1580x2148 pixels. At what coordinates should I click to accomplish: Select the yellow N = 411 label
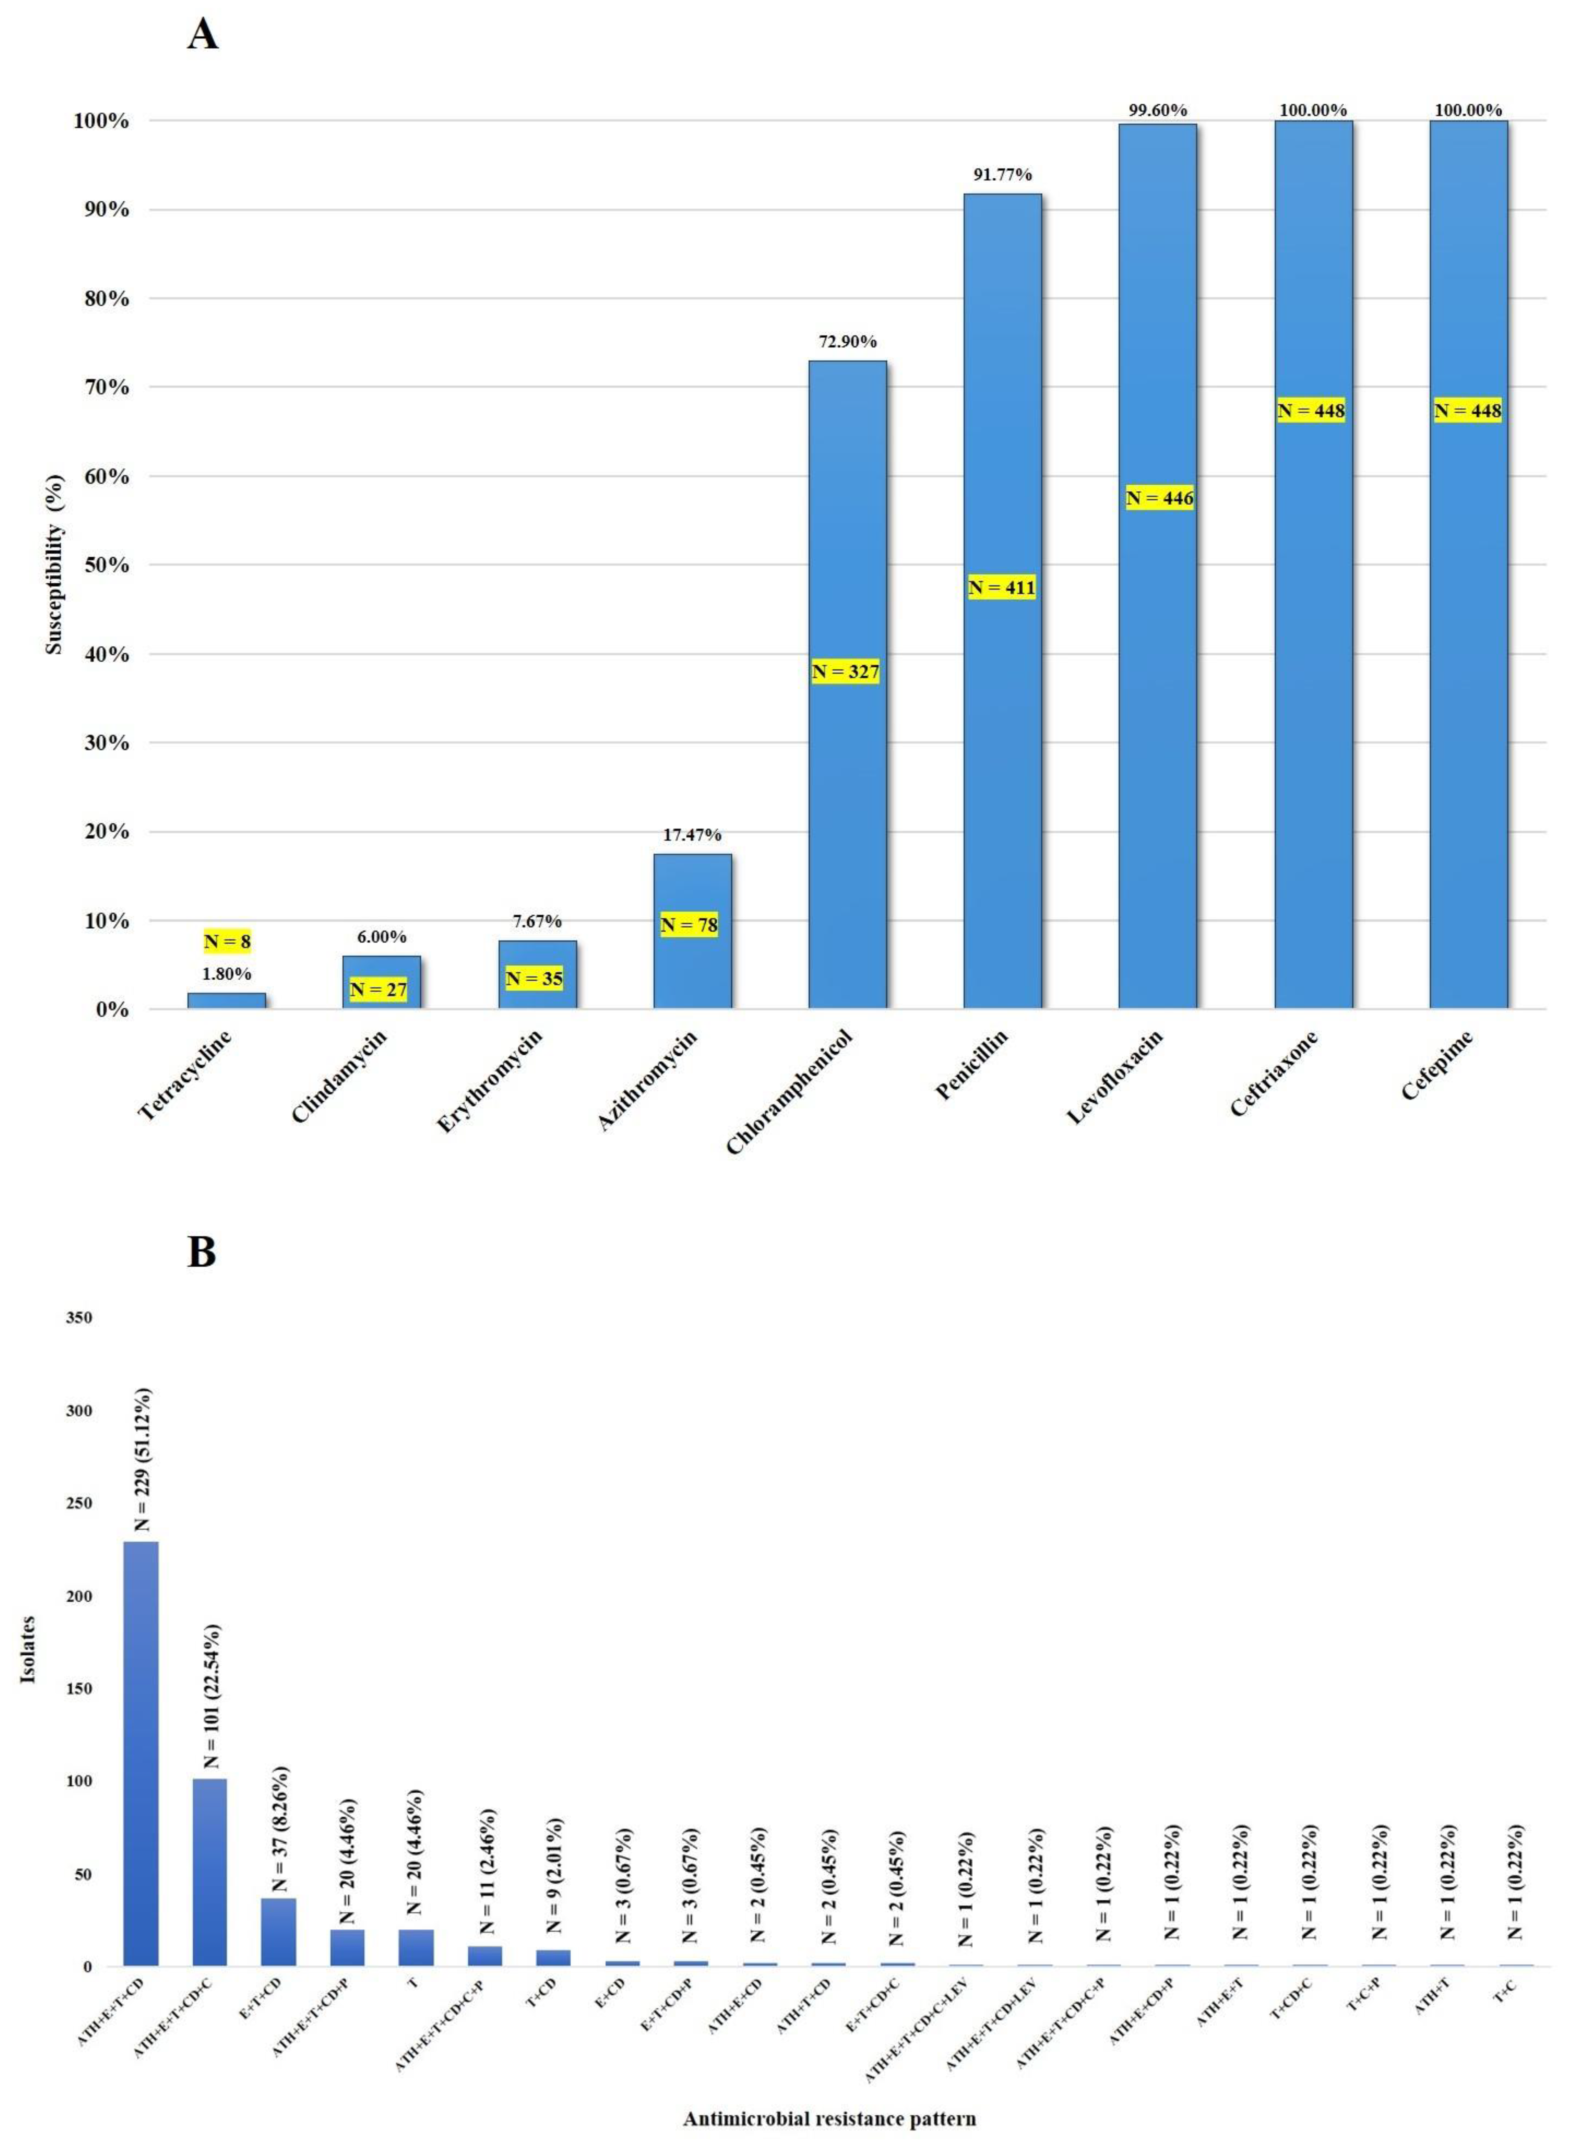[x=1001, y=587]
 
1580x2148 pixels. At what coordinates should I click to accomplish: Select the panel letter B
[x=202, y=1252]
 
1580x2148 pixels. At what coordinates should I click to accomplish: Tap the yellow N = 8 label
[x=227, y=942]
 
